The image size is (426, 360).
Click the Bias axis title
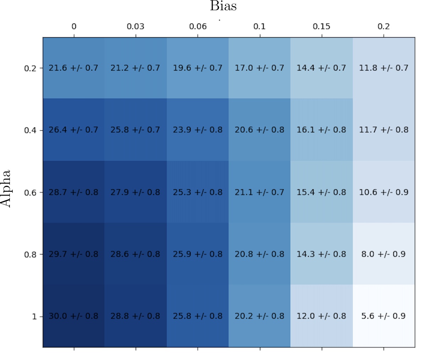click(223, 6)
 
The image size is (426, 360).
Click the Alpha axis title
click(6, 189)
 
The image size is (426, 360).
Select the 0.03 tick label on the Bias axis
click(136, 27)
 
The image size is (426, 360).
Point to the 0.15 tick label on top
click(322, 27)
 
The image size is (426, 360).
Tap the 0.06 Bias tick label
click(198, 27)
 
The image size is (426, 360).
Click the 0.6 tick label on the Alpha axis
click(30, 193)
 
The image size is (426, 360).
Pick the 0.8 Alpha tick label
click(30, 254)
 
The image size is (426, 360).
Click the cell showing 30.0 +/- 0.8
click(73, 316)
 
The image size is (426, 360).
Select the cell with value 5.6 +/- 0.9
click(383, 316)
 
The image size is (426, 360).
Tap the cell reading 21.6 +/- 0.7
click(73, 68)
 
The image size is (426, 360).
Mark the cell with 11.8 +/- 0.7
click(383, 68)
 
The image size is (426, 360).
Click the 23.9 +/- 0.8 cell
click(198, 130)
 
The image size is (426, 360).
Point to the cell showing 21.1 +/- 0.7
click(260, 192)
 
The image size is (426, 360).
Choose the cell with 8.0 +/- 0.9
click(383, 254)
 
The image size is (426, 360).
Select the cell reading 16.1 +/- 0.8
click(321, 130)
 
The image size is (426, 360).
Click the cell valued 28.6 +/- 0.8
click(135, 254)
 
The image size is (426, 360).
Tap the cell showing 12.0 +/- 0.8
click(321, 316)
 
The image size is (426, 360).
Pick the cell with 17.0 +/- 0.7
click(260, 68)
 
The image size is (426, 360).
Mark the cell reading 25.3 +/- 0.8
click(198, 192)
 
